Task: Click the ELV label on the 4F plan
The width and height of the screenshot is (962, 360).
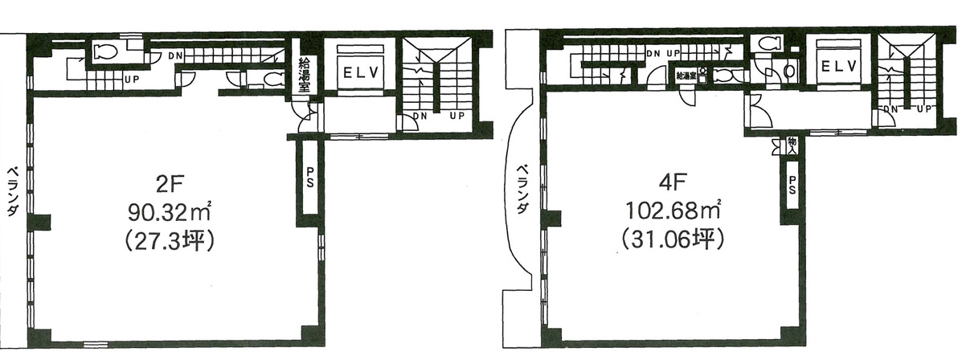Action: pos(841,64)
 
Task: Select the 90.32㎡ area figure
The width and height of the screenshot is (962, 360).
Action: pos(168,213)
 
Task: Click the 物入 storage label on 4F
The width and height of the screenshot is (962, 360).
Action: pos(791,146)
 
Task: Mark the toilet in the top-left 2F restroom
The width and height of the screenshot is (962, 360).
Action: pos(104,52)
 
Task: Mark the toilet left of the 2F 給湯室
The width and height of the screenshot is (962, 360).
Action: pos(272,79)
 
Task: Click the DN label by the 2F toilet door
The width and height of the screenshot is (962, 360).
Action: pos(175,55)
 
